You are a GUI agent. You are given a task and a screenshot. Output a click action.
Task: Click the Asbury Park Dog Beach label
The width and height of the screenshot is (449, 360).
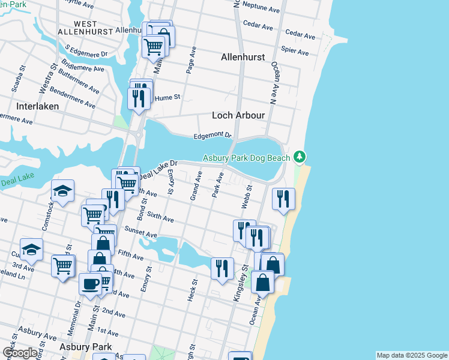(246, 158)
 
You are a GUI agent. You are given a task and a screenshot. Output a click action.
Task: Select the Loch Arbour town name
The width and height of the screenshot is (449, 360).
(238, 115)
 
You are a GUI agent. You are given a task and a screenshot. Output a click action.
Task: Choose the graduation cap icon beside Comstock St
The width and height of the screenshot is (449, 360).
(62, 191)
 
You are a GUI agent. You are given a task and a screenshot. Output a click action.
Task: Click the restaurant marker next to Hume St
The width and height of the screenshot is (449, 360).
(139, 97)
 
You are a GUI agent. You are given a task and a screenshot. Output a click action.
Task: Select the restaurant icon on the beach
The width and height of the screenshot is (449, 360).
(284, 199)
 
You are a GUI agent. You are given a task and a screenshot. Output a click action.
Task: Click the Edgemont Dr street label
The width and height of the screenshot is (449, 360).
(212, 136)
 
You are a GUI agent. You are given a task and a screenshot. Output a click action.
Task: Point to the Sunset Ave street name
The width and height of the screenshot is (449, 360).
(140, 232)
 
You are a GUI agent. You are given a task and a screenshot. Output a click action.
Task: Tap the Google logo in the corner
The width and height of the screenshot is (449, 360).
(20, 353)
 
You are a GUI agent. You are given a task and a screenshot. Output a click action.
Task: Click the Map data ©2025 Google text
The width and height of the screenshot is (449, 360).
(411, 355)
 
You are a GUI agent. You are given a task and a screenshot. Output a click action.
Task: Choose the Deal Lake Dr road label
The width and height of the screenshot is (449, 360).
(159, 169)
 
